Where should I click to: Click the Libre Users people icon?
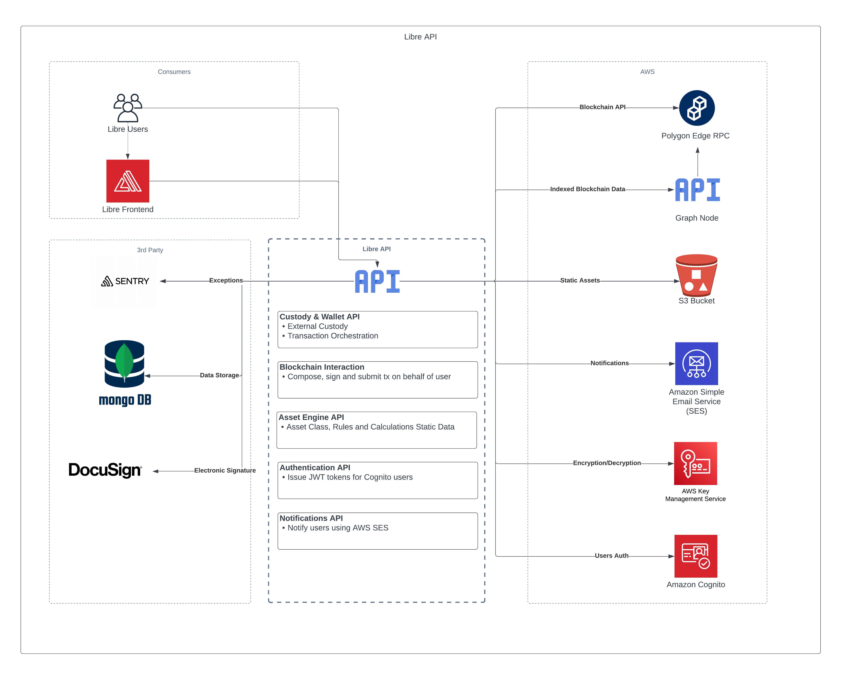128,108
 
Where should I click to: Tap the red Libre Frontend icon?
128,181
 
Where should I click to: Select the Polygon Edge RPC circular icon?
697,108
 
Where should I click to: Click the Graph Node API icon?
697,190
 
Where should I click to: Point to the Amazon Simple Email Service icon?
697,364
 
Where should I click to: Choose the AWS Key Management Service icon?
695,464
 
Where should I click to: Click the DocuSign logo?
105,470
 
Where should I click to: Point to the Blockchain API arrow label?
602,107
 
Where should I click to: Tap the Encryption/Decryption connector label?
607,463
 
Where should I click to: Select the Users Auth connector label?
611,556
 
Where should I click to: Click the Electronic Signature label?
225,471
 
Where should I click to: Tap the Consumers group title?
174,72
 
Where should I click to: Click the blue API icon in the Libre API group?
377,281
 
